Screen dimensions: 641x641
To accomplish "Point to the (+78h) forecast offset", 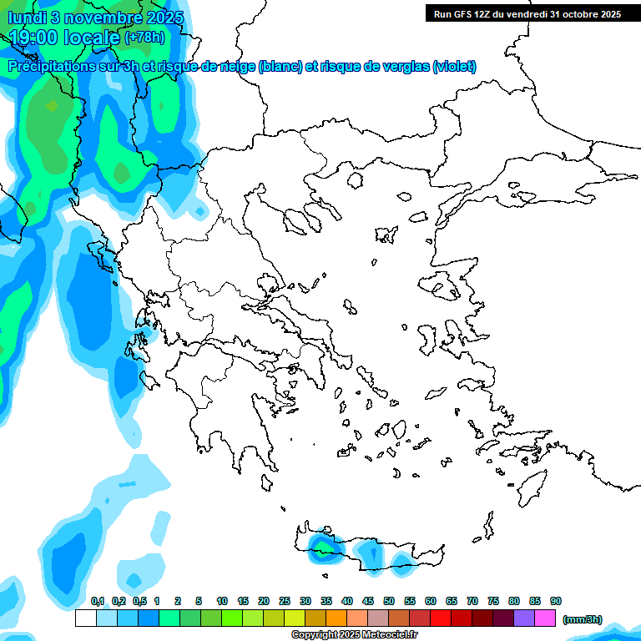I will click(x=144, y=38).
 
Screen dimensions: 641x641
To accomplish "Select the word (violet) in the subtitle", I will click(x=455, y=67).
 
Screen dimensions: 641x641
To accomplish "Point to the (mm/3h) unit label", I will click(x=582, y=619).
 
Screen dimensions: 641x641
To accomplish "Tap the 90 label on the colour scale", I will click(x=556, y=602).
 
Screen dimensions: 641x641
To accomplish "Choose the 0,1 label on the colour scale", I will click(x=98, y=602).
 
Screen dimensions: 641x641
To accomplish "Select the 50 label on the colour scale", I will click(x=389, y=602).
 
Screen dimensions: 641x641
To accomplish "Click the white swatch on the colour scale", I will click(x=85, y=618).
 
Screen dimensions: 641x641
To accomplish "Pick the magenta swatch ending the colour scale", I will click(x=545, y=618).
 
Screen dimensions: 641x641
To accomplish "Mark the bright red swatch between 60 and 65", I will click(x=441, y=618).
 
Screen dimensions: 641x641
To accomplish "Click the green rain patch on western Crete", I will click(x=321, y=545).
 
